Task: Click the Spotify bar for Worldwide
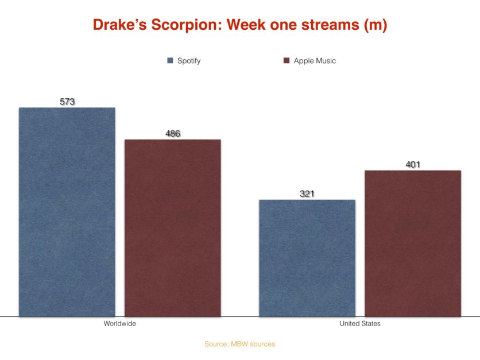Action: pos(67,212)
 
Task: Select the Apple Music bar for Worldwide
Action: pos(173,228)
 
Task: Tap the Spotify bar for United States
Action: pos(307,258)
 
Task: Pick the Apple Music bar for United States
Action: pos(413,243)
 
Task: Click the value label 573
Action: pos(67,102)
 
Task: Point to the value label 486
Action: pos(173,134)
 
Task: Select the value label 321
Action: pos(307,194)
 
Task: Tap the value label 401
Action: pos(413,165)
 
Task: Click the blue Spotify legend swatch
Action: pos(170,61)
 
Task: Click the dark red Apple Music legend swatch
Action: pos(286,61)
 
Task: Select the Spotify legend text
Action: pos(189,61)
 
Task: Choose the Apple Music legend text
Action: pos(315,61)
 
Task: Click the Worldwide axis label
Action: pos(119,324)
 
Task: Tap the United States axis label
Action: pos(360,324)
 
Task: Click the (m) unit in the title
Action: pos(375,26)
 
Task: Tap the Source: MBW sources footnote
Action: pos(239,344)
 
